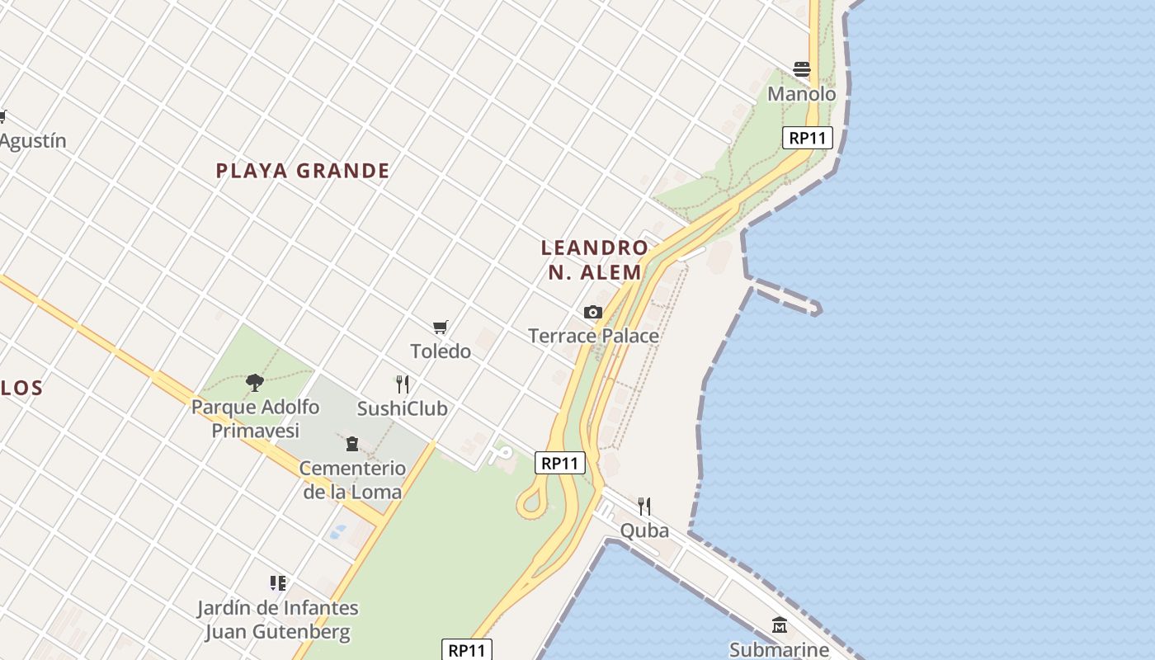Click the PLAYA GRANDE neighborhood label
(302, 171)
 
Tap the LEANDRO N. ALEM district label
(595, 260)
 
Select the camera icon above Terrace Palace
(592, 312)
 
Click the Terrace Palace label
(593, 336)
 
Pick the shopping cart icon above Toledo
(441, 328)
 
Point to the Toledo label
(441, 351)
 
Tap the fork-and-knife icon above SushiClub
(403, 384)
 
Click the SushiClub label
(402, 408)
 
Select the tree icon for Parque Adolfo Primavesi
(255, 382)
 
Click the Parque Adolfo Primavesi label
(255, 418)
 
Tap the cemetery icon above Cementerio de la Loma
(352, 444)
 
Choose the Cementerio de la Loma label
(352, 480)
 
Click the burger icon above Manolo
(802, 69)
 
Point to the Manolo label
(802, 94)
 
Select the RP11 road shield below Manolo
(807, 138)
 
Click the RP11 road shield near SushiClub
(560, 463)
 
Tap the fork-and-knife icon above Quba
(644, 506)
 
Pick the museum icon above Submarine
(780, 625)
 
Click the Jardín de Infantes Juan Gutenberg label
(277, 620)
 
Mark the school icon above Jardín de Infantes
(277, 583)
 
